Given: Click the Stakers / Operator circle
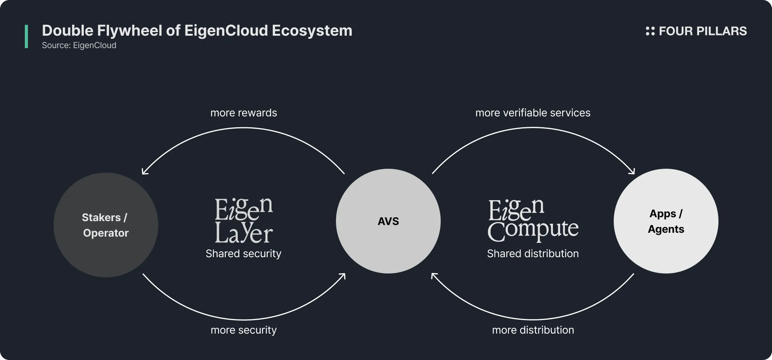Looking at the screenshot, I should tap(106, 225).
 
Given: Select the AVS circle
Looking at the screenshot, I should tap(388, 221).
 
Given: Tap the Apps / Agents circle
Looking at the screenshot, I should tap(666, 221).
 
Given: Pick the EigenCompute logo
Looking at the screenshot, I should tap(533, 220).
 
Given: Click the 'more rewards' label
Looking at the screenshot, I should tap(244, 113).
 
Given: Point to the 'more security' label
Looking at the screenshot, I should tap(244, 330).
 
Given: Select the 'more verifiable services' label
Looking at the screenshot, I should tap(533, 113).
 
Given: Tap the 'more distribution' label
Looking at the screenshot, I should tap(533, 330).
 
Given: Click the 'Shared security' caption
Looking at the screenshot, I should tap(243, 254).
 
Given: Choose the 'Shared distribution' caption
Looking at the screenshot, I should tap(533, 254).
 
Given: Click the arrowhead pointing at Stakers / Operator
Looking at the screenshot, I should tap(144, 172).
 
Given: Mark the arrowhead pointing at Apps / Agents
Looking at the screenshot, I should tap(632, 172).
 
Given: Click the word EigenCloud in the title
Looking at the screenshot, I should tap(226, 31).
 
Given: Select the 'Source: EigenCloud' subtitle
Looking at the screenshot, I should tap(79, 45).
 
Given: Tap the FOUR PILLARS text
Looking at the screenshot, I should tap(703, 31).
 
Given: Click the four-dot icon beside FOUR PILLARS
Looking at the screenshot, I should tap(650, 31).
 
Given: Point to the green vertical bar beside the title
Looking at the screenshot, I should tap(26, 36).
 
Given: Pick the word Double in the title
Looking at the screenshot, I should tap(68, 31).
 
